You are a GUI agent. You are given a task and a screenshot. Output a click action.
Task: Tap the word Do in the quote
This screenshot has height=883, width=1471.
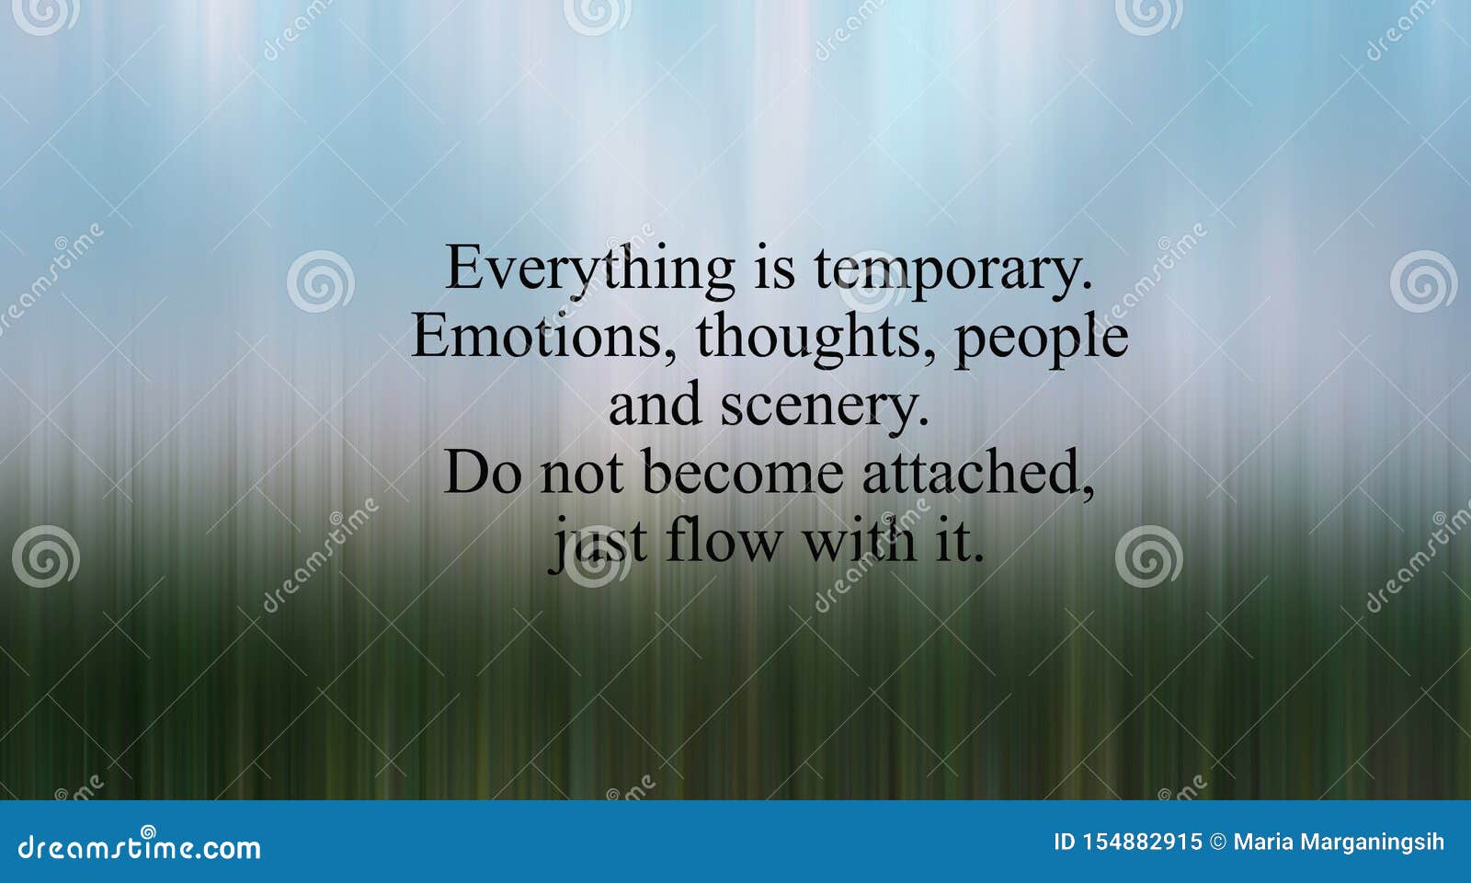click(x=483, y=473)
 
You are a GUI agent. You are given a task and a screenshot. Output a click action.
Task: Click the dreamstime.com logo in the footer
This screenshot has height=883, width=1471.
click(x=139, y=845)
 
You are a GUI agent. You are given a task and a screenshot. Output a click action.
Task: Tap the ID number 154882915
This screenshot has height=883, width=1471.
click(x=1127, y=843)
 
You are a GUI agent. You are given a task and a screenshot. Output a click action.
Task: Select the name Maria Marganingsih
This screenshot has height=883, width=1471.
click(x=1339, y=843)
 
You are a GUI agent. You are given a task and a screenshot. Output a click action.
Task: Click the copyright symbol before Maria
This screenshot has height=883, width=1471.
click(x=1217, y=843)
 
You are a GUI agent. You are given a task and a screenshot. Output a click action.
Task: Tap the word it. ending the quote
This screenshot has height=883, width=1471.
click(x=960, y=542)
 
